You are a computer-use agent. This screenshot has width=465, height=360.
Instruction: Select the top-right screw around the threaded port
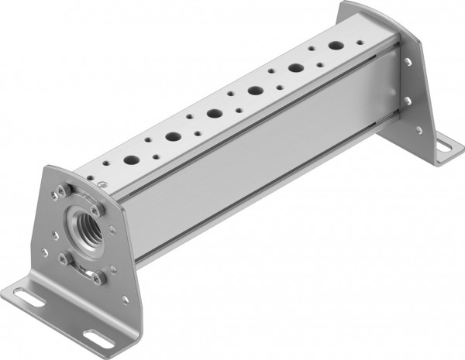[x=95, y=209]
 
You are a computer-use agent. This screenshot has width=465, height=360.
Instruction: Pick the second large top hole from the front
[x=173, y=137]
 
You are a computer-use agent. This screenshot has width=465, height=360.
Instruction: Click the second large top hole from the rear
[x=295, y=68]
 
